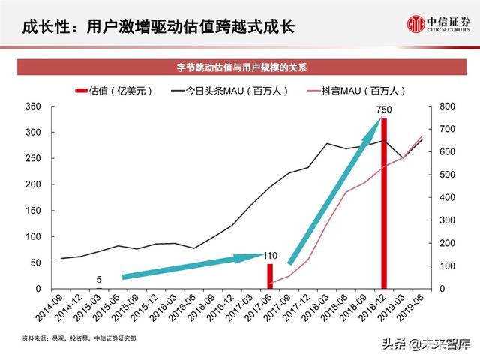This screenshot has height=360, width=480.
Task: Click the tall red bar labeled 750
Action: (x=384, y=202)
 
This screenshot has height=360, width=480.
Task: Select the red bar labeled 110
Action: (x=271, y=276)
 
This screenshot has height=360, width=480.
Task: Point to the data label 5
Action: (x=98, y=279)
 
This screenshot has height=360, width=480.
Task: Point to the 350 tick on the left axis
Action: (x=32, y=106)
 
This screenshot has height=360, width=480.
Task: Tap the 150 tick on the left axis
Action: (x=32, y=211)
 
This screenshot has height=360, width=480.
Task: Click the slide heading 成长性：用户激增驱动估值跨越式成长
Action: (x=159, y=27)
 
